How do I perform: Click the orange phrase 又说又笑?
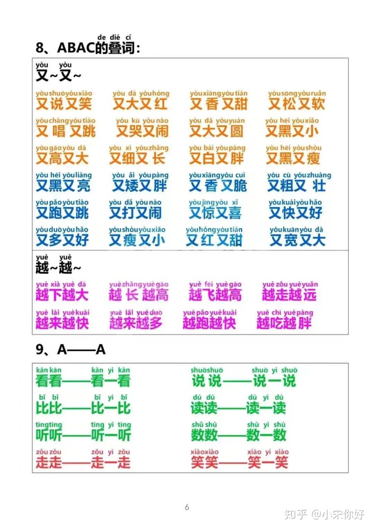tap(63, 104)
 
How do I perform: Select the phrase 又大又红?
tap(140, 104)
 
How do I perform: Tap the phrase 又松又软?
tap(297, 104)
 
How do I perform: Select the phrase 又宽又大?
tap(298, 240)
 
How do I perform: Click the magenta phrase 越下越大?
tap(62, 295)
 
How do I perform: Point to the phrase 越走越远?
tap(289, 295)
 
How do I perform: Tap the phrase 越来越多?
tap(136, 324)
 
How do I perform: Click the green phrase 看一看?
tap(111, 381)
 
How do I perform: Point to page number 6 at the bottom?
tap(187, 507)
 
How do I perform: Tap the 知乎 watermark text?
tap(297, 515)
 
